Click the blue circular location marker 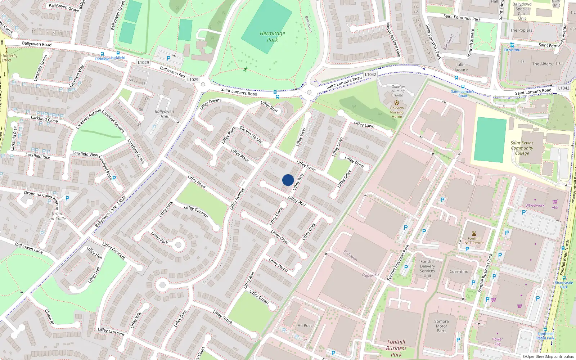coord(288,180)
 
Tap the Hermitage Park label coord(272,36)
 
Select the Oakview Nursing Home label coord(397,112)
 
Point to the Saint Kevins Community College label coord(522,148)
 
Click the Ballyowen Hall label coord(164,114)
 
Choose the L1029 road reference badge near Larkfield coord(143,62)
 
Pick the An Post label coord(305,325)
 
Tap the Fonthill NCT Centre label coord(474,240)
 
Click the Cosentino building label coord(459,271)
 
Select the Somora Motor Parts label coord(441,326)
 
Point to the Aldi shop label coord(555,207)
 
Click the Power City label coord(498,341)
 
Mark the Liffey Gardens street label coord(196,211)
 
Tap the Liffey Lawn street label coord(364,125)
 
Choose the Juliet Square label coord(461,67)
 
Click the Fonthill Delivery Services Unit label coord(427,269)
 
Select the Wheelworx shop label coord(535,206)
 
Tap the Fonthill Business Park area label coord(396,348)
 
